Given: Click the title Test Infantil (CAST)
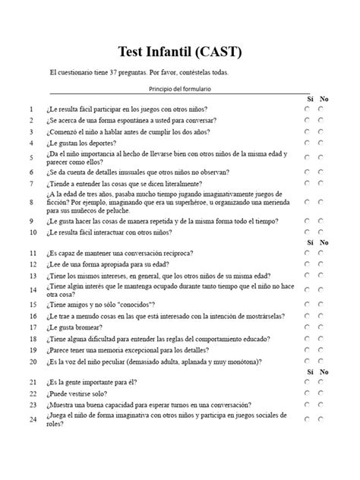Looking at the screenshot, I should click(180, 52).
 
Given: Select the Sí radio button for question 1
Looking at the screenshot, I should click(307, 109).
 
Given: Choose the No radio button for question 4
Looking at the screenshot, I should click(321, 142).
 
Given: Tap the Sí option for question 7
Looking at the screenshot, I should click(307, 183).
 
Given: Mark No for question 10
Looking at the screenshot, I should click(321, 232).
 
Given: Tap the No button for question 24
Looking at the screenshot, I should click(321, 418).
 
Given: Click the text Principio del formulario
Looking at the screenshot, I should click(180, 89).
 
